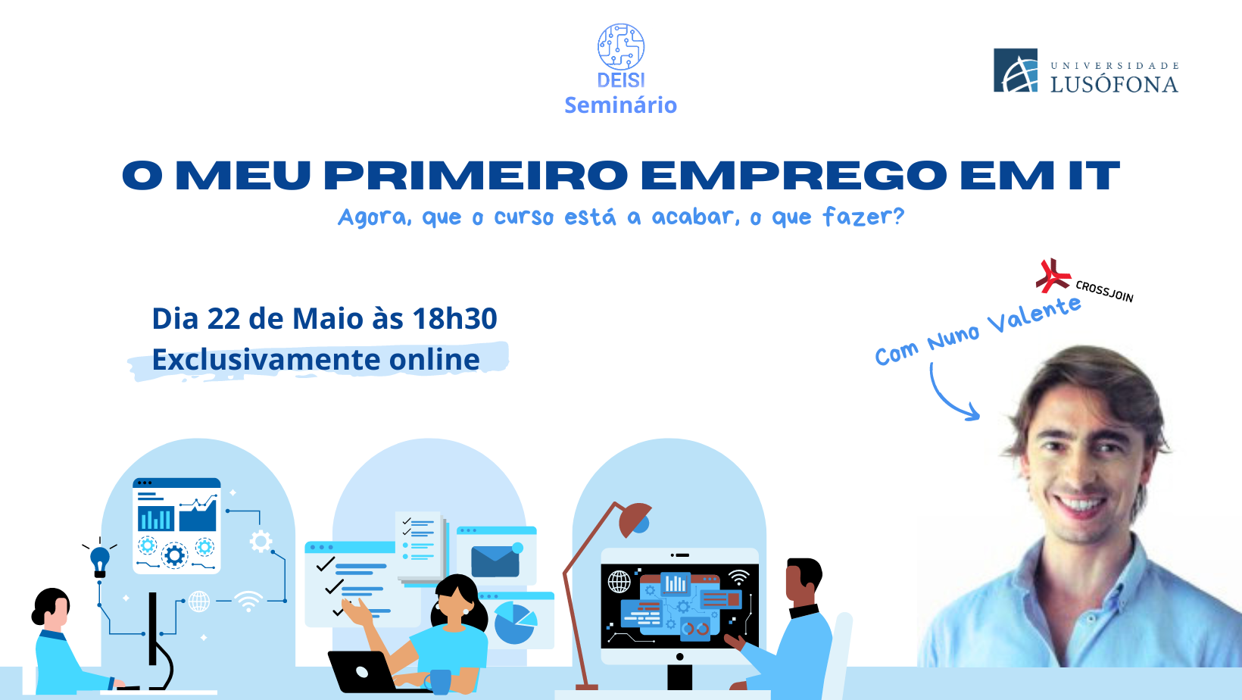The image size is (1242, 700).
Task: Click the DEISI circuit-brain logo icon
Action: point(621,47)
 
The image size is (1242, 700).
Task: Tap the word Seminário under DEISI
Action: point(620,105)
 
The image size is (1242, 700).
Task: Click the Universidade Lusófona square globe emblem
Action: point(1016,70)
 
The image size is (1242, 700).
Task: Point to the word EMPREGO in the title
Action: point(794,175)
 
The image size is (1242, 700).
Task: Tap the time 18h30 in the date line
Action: point(454,318)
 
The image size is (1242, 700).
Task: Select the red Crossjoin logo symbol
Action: point(1053,276)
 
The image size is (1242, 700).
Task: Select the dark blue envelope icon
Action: point(495,561)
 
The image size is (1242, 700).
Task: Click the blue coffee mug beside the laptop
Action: point(438,682)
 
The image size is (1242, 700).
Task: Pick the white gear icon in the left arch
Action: point(261,542)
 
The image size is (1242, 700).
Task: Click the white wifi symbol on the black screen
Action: point(738,577)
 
